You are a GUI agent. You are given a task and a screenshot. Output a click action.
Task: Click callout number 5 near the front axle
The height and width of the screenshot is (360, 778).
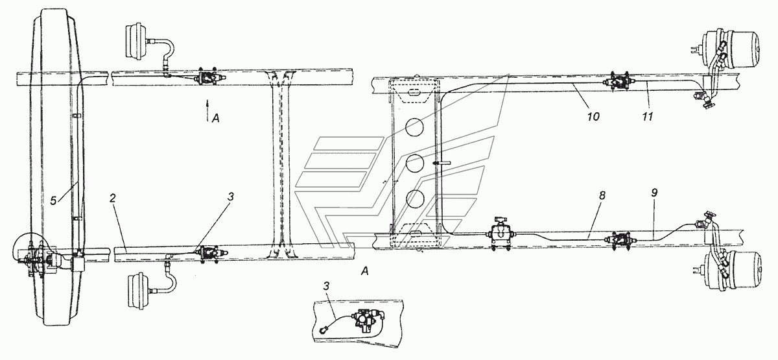pos(53,201)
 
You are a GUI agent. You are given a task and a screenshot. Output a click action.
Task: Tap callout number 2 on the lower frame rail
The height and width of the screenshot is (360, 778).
pos(112,198)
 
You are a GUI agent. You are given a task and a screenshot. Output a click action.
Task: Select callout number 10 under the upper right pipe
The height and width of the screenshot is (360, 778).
pos(594,116)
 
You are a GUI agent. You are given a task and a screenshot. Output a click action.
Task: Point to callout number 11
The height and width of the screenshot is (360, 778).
pos(648,116)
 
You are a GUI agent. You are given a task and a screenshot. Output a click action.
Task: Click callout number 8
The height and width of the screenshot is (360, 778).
pos(602,196)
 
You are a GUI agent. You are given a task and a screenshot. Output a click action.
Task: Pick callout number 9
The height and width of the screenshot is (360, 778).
pos(654,193)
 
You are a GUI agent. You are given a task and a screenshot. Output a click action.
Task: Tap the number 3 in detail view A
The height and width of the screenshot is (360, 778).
pos(326,286)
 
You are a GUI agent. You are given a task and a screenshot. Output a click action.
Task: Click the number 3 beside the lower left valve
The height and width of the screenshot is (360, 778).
pos(231,197)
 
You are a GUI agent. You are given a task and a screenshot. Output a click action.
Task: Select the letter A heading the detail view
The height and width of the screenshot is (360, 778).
pos(364,271)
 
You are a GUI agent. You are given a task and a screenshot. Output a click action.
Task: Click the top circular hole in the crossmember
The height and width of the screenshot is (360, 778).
pos(414,127)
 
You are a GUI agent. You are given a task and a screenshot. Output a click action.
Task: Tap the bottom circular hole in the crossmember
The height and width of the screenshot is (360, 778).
pos(414,199)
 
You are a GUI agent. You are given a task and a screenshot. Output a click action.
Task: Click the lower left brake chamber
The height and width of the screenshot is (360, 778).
pos(140,291)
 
